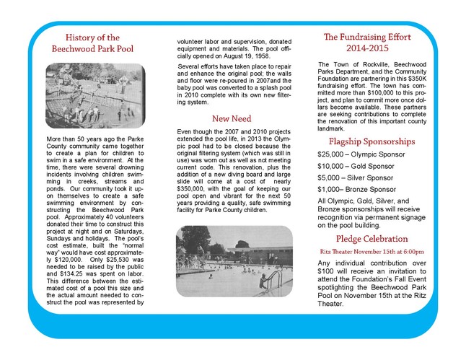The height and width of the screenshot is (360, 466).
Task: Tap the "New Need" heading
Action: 232,118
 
